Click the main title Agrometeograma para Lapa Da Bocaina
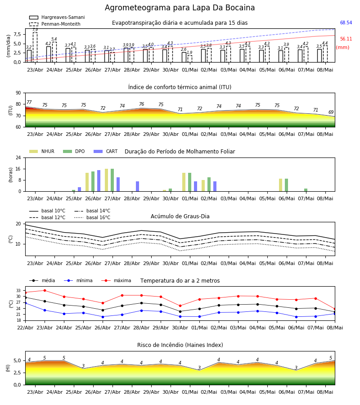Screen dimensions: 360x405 pos(180,8)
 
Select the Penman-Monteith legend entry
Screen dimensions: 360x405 pos(55,24)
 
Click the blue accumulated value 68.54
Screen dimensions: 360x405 pos(346,23)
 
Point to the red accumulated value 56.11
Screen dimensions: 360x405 pos(346,39)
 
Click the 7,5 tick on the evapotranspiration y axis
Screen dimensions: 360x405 pos(17,34)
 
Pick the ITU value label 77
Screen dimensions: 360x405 pos(29,102)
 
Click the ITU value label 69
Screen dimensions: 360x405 pos(331,112)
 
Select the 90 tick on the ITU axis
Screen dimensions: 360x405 pos(18,93)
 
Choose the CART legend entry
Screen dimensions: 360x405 pos(105,151)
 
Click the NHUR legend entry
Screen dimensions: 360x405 pos(42,151)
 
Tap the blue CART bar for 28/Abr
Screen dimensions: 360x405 pos(137,186)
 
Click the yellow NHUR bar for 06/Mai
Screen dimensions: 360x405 pos(280,185)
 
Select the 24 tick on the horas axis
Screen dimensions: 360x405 pos(18,157)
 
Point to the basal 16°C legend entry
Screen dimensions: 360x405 pos(92,217)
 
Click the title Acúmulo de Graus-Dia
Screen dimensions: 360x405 pos(180,216)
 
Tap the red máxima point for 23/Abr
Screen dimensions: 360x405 pos(45,290)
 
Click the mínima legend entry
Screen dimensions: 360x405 pos(78,280)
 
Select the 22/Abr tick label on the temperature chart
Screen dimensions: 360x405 pos(25,328)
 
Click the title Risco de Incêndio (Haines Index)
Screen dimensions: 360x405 pos(180,345)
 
